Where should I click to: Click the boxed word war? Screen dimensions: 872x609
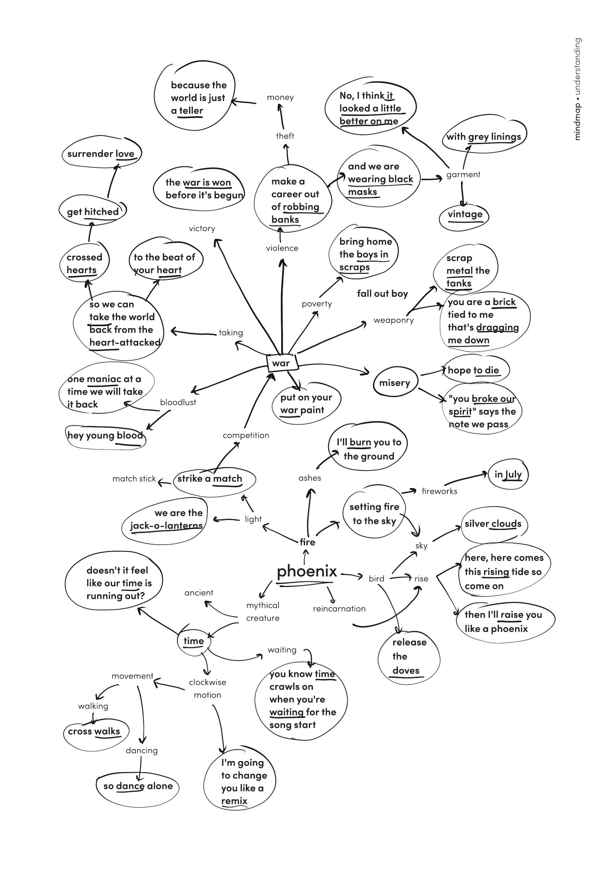(281, 363)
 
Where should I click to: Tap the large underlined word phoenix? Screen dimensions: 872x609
(307, 571)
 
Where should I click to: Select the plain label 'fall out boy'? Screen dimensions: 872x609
(382, 293)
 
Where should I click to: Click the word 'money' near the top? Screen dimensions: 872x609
(280, 97)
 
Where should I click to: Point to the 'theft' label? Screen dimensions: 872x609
(285, 136)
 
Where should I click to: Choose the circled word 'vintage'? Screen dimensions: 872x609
(465, 214)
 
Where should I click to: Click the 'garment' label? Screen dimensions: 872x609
(463, 175)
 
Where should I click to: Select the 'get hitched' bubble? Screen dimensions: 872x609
(93, 212)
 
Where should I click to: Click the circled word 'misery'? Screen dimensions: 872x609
(394, 383)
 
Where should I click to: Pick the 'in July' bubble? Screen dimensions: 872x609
(508, 475)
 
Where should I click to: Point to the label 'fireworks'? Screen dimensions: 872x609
(439, 491)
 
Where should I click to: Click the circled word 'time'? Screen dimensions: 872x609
(194, 641)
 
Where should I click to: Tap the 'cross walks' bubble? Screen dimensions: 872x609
(94, 731)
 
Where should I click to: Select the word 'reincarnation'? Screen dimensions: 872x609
(339, 609)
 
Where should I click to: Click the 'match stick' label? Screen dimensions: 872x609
(134, 478)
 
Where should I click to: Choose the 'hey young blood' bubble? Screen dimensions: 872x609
(105, 435)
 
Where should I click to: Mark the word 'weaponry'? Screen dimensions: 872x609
(394, 320)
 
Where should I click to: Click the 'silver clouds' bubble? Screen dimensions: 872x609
(493, 524)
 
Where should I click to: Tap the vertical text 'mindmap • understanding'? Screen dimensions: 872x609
(577, 89)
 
